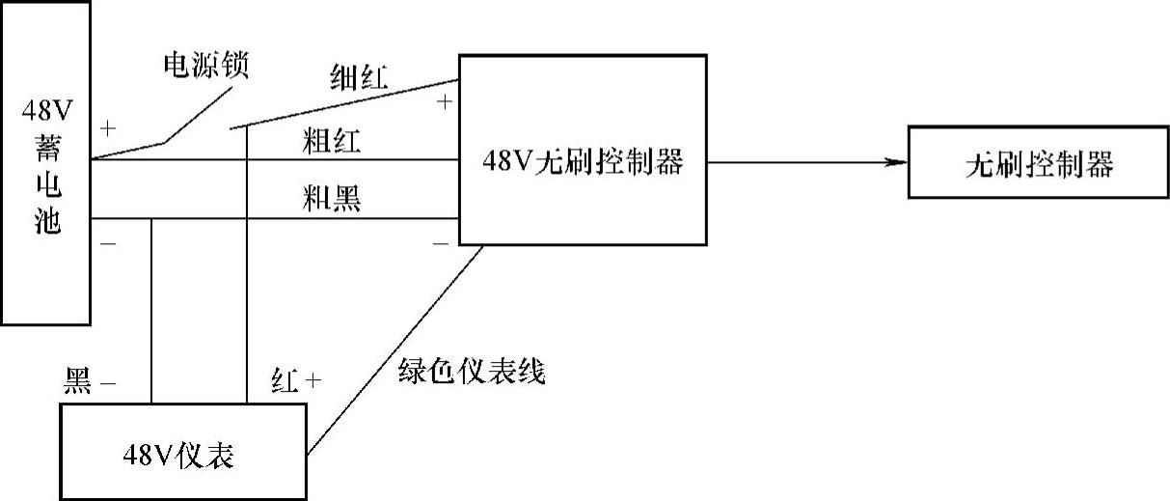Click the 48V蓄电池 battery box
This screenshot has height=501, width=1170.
(45, 162)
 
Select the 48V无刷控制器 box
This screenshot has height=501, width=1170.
(582, 162)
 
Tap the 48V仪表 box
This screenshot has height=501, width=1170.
(182, 453)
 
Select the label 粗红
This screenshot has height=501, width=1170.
(331, 144)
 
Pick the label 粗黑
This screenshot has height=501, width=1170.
(331, 200)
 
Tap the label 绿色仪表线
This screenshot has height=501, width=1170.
(472, 371)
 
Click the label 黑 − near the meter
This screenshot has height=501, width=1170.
(90, 382)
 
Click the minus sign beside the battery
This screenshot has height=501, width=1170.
(108, 242)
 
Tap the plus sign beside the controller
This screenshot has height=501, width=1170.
(444, 99)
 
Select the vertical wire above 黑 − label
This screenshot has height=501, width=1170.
(151, 309)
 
